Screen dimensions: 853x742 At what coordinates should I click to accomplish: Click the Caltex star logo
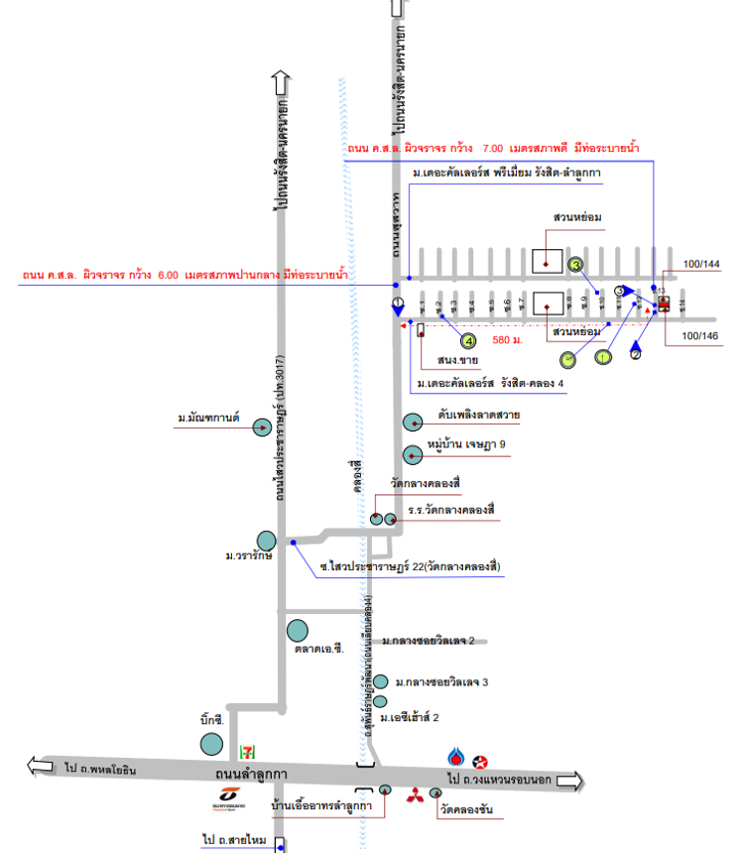click(x=481, y=762)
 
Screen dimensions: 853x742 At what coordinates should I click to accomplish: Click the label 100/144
click(x=701, y=265)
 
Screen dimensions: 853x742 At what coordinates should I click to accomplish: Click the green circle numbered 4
click(x=454, y=339)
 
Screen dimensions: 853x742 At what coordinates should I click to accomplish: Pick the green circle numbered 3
click(x=575, y=264)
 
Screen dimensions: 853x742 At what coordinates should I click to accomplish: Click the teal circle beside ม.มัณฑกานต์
click(x=262, y=427)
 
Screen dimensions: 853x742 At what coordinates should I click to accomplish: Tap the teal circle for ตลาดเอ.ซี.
click(x=298, y=630)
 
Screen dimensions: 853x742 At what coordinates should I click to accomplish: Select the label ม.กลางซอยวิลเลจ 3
click(x=441, y=682)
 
